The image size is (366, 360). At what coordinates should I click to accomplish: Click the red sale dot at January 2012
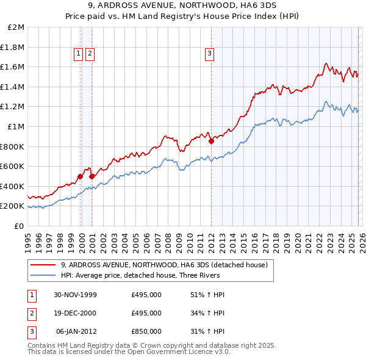pyautogui.click(x=211, y=141)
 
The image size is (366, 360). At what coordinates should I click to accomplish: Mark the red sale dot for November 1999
pyautogui.click(x=81, y=176)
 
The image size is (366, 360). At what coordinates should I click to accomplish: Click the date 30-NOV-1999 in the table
pyautogui.click(x=76, y=295)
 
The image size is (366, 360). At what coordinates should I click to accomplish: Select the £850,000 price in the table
pyautogui.click(x=146, y=331)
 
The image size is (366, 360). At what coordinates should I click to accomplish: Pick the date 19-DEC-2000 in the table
pyautogui.click(x=76, y=313)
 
